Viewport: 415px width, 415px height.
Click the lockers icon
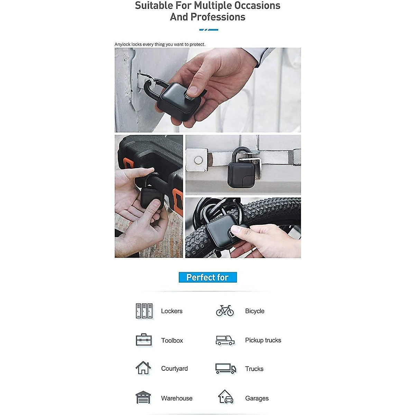(144, 311)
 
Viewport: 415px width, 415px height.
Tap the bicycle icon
(225, 311)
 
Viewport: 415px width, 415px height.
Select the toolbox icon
(144, 340)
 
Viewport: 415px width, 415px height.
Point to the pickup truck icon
(225, 340)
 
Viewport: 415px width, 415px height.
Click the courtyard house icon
(143, 368)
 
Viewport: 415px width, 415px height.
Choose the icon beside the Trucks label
(225, 369)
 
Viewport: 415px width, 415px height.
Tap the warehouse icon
(143, 398)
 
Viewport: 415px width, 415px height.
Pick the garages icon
(225, 397)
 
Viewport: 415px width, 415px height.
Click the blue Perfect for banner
(207, 277)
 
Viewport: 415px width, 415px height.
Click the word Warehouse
(177, 398)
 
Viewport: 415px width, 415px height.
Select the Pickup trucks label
(263, 340)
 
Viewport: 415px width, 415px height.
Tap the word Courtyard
(174, 369)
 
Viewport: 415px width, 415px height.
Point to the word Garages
(257, 398)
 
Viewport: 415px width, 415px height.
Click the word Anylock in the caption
(122, 44)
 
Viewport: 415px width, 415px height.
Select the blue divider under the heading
(209, 30)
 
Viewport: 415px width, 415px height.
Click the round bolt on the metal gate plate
(198, 160)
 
